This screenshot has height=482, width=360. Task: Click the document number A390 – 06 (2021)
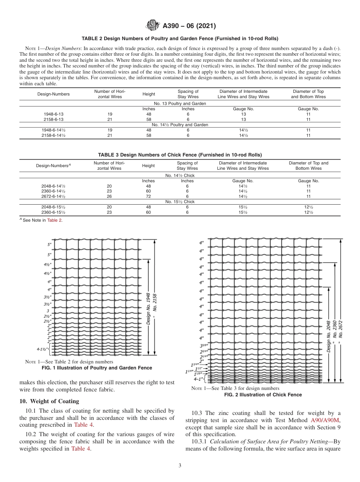pos(189,26)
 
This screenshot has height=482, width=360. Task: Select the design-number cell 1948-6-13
pos(53,114)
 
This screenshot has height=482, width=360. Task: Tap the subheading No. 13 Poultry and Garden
pos(180,103)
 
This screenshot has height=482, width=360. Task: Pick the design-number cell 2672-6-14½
pos(53,196)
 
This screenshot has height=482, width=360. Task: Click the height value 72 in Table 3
pos(148,196)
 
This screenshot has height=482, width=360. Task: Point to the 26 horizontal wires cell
pos(109,196)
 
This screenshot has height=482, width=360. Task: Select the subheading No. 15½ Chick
pos(180,202)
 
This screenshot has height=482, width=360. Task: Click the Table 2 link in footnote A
pos(54,220)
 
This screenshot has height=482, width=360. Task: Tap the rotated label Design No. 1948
pos(148,308)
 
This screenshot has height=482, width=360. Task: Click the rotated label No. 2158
pos(155,303)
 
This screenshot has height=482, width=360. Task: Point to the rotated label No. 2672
pos(340,329)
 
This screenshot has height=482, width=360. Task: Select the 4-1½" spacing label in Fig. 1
pos(42,349)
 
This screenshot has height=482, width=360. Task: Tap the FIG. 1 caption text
pos(96,368)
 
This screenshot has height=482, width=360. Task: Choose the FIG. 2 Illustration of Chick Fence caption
pos(263,395)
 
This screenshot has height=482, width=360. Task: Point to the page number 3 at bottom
pos(180,466)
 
